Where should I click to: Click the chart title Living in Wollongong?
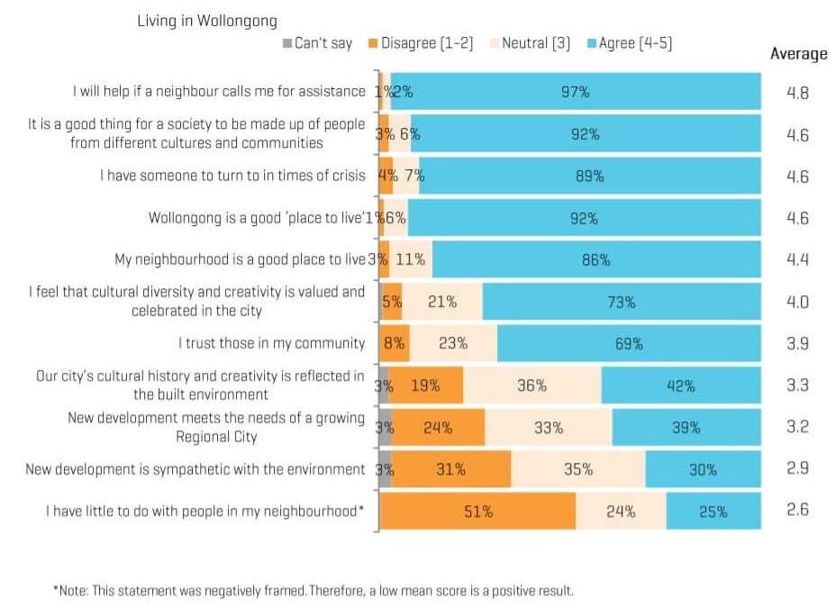point(207,21)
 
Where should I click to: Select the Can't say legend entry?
point(317,43)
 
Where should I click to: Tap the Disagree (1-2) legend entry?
point(421,43)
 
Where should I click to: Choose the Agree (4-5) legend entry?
point(629,43)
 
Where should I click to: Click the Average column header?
point(798,54)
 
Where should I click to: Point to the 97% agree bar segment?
point(576,92)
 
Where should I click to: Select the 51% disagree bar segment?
point(477,511)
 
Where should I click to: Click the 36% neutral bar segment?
point(532,386)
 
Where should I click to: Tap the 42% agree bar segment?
point(680,386)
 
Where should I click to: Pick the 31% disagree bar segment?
point(450,469)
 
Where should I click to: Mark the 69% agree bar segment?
point(629,343)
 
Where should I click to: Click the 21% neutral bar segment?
point(442,302)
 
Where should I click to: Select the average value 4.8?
point(797,93)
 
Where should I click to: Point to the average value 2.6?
point(797,510)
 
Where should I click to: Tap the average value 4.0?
point(797,302)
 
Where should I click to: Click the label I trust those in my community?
point(271,343)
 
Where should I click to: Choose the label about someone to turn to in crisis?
point(232,176)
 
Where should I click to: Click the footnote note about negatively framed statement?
point(313,591)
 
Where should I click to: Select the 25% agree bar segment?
point(713,511)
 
